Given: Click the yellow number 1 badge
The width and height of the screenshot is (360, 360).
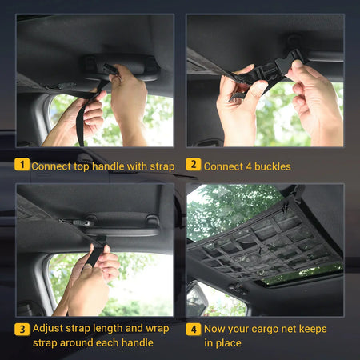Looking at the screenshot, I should (x=23, y=166).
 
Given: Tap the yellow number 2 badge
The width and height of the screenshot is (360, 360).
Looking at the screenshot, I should (x=193, y=166).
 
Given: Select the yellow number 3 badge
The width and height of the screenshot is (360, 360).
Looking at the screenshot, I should (x=23, y=328).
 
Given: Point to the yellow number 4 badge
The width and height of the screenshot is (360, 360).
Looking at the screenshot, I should (x=193, y=328).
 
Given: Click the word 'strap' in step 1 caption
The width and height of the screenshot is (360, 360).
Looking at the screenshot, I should (x=160, y=166).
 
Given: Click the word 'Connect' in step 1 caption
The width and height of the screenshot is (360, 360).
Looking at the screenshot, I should (x=55, y=166).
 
